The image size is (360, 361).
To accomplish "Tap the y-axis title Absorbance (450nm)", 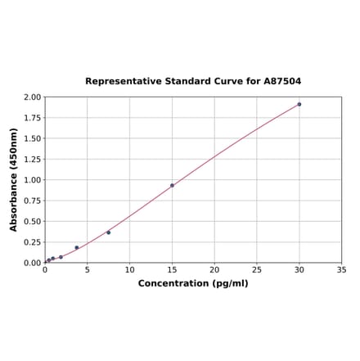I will point(14,179).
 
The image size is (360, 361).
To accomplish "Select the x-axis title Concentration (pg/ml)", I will point(193,283).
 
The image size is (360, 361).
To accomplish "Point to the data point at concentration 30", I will point(299,104).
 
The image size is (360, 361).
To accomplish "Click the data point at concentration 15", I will point(172,185).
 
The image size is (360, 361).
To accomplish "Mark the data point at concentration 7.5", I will point(108,232).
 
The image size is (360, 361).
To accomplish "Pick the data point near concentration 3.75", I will point(77,247).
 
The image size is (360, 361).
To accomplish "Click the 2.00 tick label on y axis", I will point(32,97).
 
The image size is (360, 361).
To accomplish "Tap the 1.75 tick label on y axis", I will point(32,117).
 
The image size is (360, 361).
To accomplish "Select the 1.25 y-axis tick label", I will point(32,159).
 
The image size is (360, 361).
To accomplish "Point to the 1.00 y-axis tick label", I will point(32,180).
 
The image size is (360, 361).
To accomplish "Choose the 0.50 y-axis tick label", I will point(32,221).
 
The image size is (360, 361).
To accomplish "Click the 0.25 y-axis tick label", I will point(32,242).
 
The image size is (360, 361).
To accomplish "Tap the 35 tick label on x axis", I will point(342,270).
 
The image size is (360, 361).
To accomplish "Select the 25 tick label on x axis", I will point(257,270).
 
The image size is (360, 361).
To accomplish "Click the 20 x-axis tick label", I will point(214,270).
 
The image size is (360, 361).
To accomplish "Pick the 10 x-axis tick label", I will point(129,270).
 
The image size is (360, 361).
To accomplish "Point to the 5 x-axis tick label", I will point(88,270).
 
